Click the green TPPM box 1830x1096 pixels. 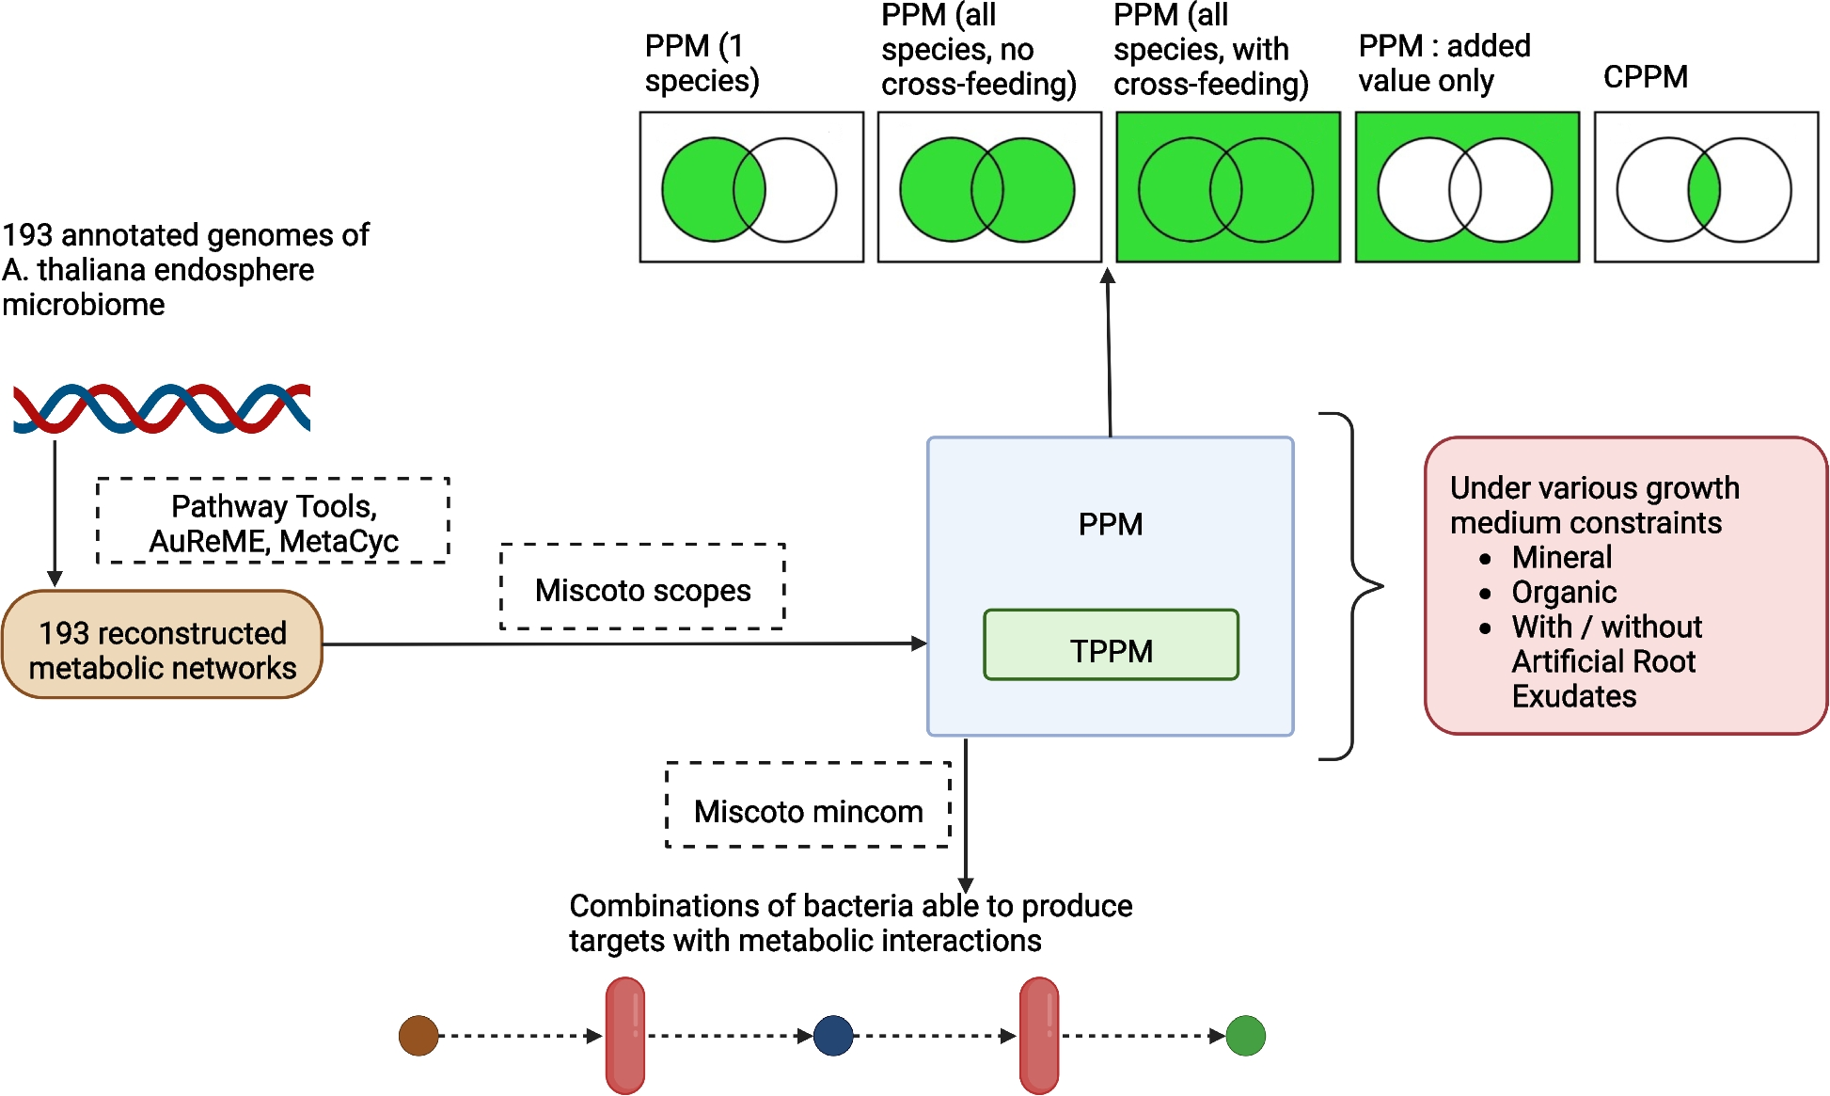click(1111, 645)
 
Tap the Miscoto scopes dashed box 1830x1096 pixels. click(642, 587)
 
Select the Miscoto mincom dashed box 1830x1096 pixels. click(808, 805)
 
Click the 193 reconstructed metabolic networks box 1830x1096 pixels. click(162, 645)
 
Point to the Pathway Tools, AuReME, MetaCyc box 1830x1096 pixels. click(273, 521)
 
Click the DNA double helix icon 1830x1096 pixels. click(161, 408)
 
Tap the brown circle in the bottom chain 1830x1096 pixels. click(418, 1036)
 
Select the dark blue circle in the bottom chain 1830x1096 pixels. click(833, 1036)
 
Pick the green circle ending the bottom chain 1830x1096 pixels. click(1246, 1036)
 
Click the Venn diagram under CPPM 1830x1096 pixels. click(1705, 188)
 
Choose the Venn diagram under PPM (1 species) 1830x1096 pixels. click(750, 188)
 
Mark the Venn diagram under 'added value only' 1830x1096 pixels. click(1466, 188)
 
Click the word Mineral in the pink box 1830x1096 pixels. click(1562, 557)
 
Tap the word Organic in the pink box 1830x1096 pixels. click(1564, 592)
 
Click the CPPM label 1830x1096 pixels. click(1645, 76)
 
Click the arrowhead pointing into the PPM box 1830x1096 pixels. click(920, 643)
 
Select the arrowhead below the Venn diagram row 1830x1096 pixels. click(1108, 276)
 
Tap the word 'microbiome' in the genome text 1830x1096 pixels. click(84, 305)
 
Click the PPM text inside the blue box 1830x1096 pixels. click(1111, 524)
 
